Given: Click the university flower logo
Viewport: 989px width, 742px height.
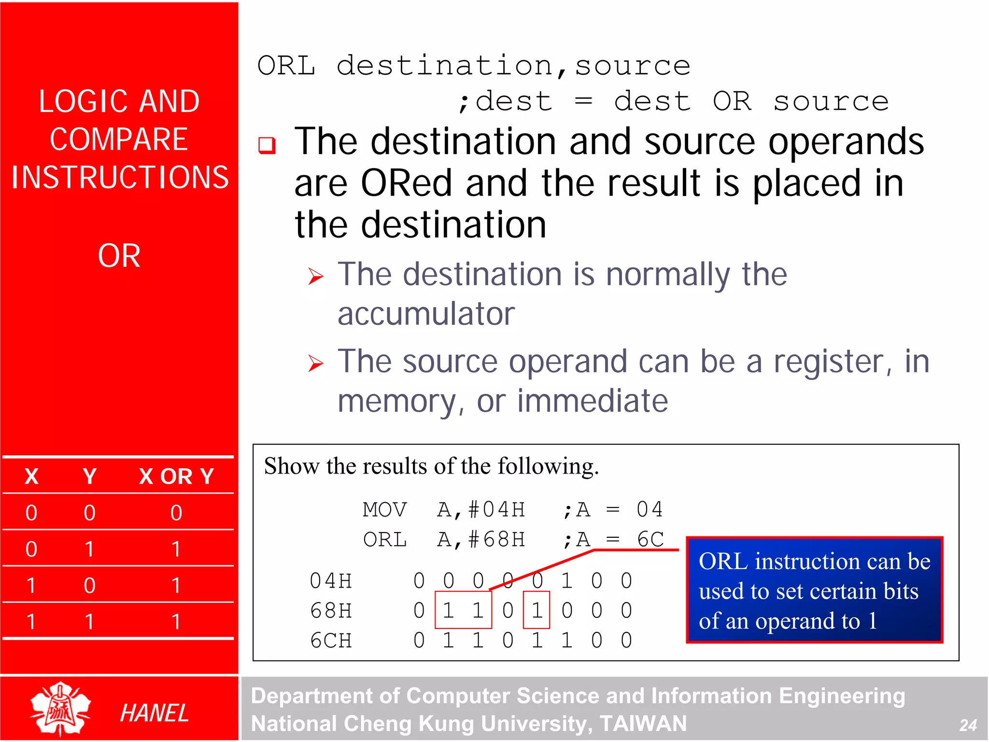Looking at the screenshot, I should click(60, 709).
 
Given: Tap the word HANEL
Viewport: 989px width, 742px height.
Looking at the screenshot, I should click(154, 713).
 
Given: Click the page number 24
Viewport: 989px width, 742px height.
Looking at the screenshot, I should click(968, 725).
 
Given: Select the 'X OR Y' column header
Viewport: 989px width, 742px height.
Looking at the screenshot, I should click(176, 476).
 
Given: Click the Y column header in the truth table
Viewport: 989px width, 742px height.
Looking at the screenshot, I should click(89, 476).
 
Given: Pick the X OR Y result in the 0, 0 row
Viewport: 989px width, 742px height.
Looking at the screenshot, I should click(176, 513).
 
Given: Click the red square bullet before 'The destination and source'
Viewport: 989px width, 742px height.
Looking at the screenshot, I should click(267, 145).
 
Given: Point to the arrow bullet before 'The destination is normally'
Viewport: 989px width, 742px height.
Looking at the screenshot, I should click(316, 276).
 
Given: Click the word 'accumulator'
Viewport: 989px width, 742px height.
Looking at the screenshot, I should click(426, 314).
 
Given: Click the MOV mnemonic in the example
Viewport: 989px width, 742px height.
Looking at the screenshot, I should click(385, 510).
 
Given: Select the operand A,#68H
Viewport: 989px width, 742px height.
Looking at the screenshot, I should click(481, 540).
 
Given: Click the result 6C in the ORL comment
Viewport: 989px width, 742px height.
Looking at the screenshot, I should click(650, 540).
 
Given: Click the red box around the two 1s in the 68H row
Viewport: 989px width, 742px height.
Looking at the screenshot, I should click(463, 610).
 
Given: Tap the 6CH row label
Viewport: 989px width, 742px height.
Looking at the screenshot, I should click(331, 641).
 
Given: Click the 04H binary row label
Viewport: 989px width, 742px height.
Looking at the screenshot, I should click(331, 581).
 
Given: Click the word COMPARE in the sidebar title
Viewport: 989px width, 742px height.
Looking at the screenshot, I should click(119, 140).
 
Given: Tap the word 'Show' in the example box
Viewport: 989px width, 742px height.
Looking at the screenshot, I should click(292, 466).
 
